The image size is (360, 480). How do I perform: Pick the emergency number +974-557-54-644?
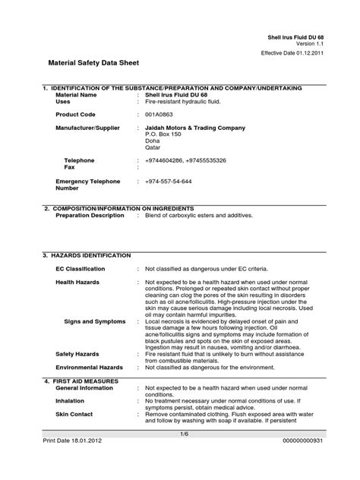click(169, 182)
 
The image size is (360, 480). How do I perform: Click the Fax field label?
click(69, 167)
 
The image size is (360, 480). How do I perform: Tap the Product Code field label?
click(77, 113)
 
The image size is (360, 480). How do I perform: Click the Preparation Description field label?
click(90, 215)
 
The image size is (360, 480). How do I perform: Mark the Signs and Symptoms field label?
click(94, 321)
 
